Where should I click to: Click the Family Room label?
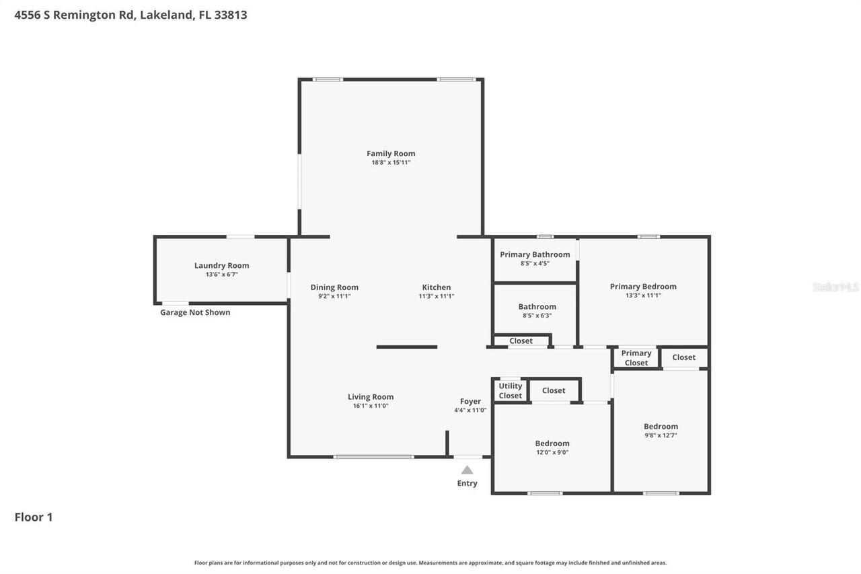(x=391, y=153)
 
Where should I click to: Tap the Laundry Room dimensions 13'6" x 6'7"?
(x=221, y=275)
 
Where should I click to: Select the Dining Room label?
(x=334, y=287)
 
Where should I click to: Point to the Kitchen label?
(x=437, y=287)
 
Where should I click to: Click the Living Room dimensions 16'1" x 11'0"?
(x=371, y=406)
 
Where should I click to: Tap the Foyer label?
(x=470, y=402)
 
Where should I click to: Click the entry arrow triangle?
(x=467, y=470)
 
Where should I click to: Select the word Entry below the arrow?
(x=467, y=483)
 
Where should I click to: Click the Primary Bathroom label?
(x=535, y=254)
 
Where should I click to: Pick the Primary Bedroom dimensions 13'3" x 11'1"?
(x=643, y=295)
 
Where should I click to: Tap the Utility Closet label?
(x=510, y=391)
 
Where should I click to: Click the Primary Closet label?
(x=636, y=358)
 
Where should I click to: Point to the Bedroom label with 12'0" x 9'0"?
(x=552, y=443)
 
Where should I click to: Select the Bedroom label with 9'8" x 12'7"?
(x=661, y=426)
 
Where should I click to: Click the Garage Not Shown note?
(x=195, y=312)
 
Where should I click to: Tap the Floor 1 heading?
(x=34, y=517)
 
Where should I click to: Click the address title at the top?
(x=130, y=15)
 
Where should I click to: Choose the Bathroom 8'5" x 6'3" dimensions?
(x=537, y=316)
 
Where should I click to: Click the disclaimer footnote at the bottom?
(x=430, y=563)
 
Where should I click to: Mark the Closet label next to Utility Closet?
(x=554, y=390)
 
